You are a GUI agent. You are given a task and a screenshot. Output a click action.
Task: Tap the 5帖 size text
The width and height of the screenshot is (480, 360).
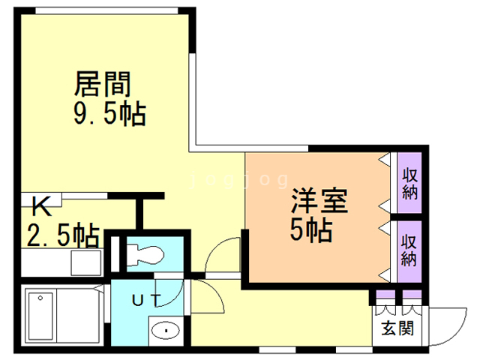311,231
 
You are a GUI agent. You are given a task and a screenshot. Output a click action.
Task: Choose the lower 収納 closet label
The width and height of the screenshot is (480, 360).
409,250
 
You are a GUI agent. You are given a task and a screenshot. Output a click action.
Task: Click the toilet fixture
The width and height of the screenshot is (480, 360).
142,254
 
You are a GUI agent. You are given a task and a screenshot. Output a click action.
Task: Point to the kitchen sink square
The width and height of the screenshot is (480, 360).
85,263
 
